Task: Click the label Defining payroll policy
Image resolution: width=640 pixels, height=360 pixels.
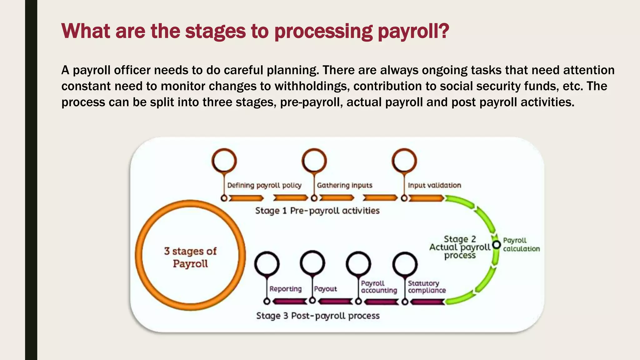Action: point(264,185)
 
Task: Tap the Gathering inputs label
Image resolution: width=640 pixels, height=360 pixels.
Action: point(344,185)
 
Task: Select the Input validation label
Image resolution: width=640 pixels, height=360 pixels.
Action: point(434,185)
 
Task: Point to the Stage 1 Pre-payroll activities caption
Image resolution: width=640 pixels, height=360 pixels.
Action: point(317,211)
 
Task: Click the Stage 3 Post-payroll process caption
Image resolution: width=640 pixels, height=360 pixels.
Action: point(318,316)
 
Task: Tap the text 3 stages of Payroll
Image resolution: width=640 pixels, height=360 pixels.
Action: point(190,257)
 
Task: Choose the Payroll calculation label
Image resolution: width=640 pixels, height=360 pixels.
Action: point(521,245)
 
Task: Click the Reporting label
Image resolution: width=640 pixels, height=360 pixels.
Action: point(285,289)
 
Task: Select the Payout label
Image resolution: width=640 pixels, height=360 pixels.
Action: point(325,289)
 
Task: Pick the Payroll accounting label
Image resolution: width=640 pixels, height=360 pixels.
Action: point(379,287)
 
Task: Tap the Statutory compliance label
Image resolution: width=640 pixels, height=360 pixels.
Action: point(427,287)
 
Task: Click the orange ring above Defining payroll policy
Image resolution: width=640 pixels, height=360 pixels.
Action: point(224,161)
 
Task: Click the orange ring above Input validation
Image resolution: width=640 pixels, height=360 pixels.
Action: point(404,161)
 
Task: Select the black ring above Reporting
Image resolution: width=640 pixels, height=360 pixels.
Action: point(267,264)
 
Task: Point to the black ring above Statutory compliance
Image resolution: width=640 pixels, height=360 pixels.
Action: point(405,264)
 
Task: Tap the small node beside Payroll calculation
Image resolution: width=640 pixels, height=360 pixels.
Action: point(496,245)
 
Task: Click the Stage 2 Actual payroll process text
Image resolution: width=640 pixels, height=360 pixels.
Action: point(460,247)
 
